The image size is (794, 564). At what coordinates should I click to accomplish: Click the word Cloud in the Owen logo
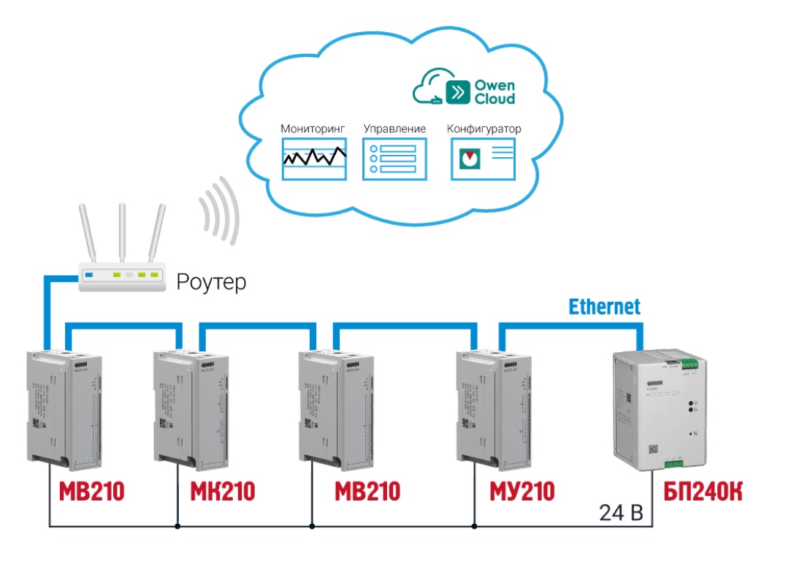(495, 99)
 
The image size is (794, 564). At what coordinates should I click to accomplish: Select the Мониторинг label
(313, 129)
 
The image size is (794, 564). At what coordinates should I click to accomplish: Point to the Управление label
(394, 129)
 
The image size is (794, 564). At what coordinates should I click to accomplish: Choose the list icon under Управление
(394, 159)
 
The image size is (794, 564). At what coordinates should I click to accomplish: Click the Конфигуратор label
(484, 129)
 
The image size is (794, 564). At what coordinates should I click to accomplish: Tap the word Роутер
(211, 281)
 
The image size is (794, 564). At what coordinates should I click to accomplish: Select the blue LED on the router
(90, 275)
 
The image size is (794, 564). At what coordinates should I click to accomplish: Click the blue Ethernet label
(604, 306)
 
